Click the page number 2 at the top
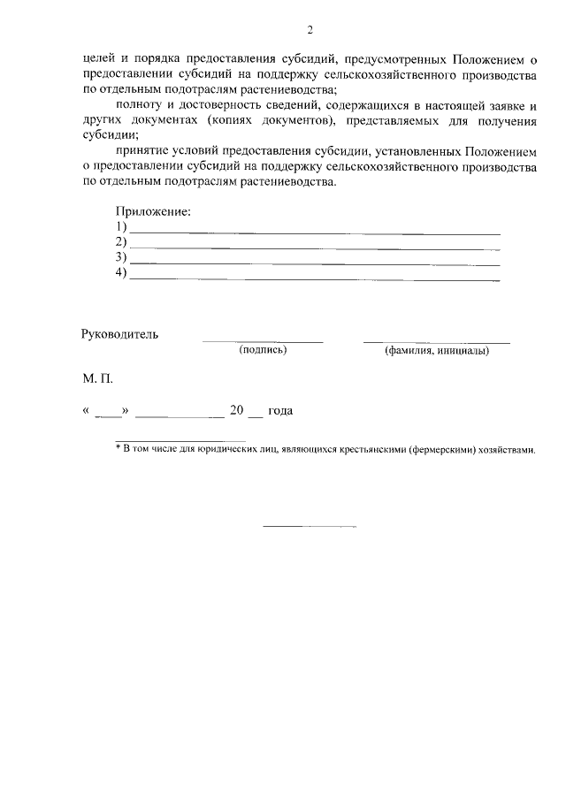[310, 31]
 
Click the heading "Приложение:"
[153, 212]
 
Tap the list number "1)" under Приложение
[122, 227]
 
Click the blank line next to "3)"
[314, 263]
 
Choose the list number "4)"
[122, 272]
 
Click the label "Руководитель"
[119, 335]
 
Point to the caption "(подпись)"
[263, 350]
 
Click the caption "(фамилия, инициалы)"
[436, 350]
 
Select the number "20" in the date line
[236, 411]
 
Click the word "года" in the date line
[280, 411]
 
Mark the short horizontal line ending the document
[310, 527]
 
